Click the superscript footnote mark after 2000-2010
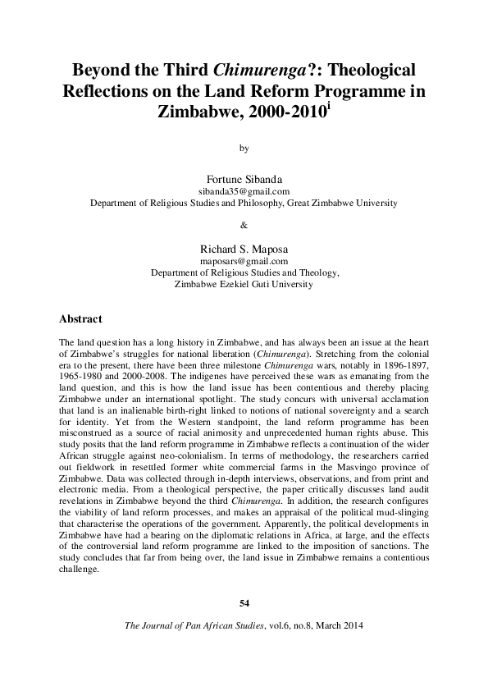[x=329, y=106]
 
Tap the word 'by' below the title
[x=244, y=149]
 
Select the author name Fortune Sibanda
[x=244, y=177]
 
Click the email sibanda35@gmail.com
[x=244, y=190]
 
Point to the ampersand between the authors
[x=244, y=223]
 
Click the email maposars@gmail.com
[x=244, y=262]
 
